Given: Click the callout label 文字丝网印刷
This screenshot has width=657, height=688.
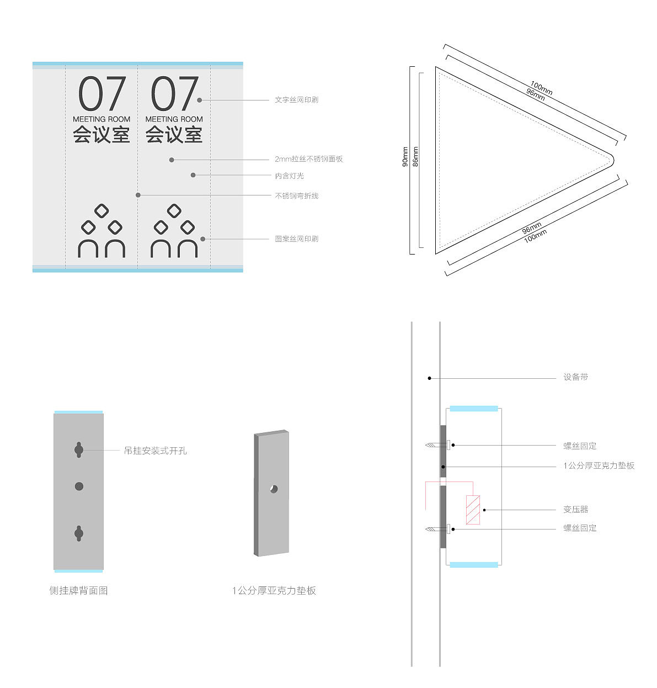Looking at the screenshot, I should click(296, 100).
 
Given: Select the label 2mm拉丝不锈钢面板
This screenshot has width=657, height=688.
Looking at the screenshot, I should click(308, 159).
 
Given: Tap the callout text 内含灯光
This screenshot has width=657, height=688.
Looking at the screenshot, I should click(289, 176).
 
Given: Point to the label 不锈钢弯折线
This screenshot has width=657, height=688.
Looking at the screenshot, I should click(296, 195).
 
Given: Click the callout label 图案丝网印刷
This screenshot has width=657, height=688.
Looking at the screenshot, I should click(296, 239).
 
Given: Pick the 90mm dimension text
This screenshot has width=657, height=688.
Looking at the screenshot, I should click(405, 157).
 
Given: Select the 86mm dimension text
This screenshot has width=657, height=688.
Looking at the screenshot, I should click(415, 156).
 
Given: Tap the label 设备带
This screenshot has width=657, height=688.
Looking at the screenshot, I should click(575, 377).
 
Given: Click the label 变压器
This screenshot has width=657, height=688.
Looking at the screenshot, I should click(575, 509).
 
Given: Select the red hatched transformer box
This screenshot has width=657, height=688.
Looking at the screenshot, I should click(473, 510).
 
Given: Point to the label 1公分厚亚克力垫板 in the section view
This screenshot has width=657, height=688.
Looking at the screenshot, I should click(599, 465).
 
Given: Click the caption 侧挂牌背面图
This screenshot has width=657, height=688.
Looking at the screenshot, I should click(78, 590).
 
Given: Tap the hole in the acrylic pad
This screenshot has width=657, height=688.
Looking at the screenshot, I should click(274, 489).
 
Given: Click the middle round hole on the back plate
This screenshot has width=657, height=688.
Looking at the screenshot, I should click(79, 486).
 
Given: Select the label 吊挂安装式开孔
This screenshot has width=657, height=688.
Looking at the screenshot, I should click(155, 451).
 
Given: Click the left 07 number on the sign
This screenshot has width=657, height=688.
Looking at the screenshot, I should click(102, 94).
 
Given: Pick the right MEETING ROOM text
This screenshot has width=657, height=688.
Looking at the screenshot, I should click(174, 119).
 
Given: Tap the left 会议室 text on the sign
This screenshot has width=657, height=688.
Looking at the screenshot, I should click(102, 135).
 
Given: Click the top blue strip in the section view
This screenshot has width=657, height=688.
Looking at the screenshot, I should click(474, 409).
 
